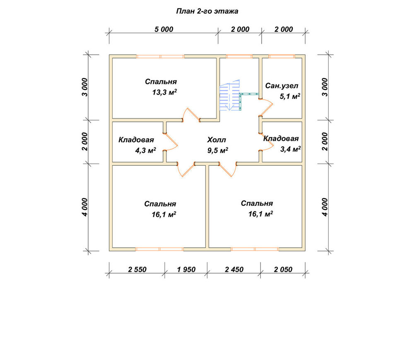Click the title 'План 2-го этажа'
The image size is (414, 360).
click(207, 11)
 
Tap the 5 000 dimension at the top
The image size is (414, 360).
click(164, 29)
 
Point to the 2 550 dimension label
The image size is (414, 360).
click(137, 269)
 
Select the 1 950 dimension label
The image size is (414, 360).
click(186, 269)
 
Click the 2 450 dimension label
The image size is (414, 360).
click(234, 269)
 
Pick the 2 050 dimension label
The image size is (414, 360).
click(283, 269)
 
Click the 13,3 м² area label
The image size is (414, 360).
click(164, 92)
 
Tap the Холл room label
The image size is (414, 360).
click(217, 140)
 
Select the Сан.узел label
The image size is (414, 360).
click(282, 86)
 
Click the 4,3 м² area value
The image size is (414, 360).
click(145, 150)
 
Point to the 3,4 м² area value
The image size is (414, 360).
click(291, 149)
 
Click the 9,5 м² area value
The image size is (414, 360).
click(218, 150)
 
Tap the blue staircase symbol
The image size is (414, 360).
click(230, 95)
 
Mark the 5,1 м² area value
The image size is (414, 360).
click(290, 96)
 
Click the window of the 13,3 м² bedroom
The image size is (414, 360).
click(160, 56)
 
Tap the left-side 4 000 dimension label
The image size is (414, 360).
click(84, 207)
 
